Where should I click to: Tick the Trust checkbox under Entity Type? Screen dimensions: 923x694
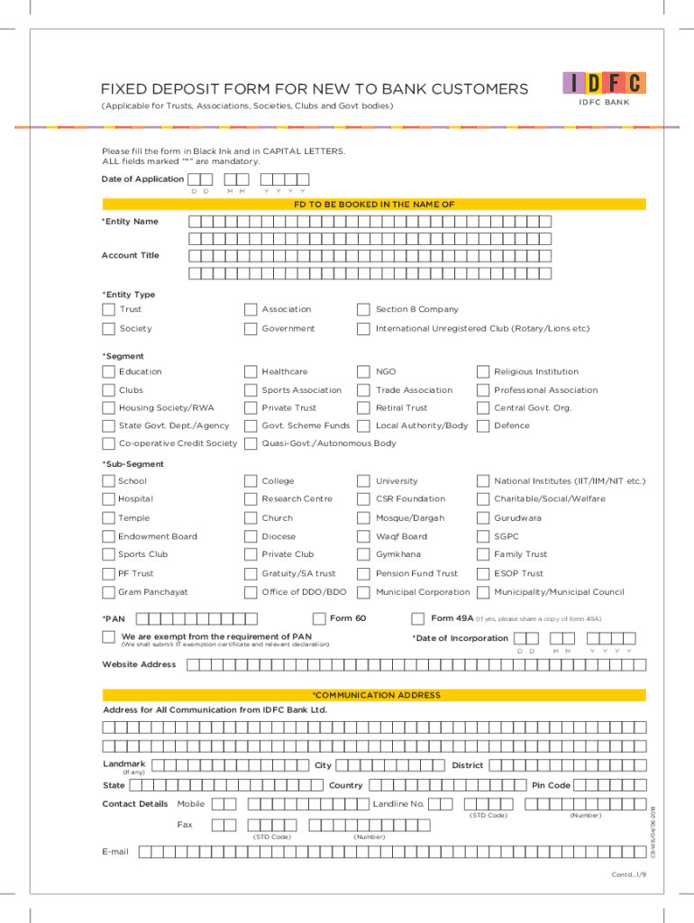[x=109, y=310]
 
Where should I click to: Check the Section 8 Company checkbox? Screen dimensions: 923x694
[x=363, y=310]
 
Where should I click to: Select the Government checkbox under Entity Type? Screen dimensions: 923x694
[x=251, y=329]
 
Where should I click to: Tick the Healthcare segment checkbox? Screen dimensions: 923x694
[x=251, y=371]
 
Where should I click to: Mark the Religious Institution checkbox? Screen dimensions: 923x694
[x=482, y=371]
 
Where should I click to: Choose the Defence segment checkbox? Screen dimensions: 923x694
[x=482, y=425]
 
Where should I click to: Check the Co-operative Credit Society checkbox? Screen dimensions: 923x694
[x=109, y=443]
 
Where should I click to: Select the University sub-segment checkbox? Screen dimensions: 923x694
[x=363, y=481]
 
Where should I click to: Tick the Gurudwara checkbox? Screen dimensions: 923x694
[x=482, y=518]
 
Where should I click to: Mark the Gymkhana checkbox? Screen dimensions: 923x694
[x=363, y=554]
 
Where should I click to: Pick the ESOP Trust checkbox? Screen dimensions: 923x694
[x=482, y=573]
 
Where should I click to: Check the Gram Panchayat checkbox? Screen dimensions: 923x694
[x=109, y=592]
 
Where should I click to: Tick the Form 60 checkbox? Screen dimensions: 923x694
[x=319, y=618]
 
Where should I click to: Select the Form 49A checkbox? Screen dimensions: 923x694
[x=417, y=618]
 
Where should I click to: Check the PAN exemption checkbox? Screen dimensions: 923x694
[x=109, y=638]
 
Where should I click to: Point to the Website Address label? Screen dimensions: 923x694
[x=139, y=665]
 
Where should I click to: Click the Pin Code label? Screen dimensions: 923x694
[x=551, y=785]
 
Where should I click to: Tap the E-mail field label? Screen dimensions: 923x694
[x=115, y=852]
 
